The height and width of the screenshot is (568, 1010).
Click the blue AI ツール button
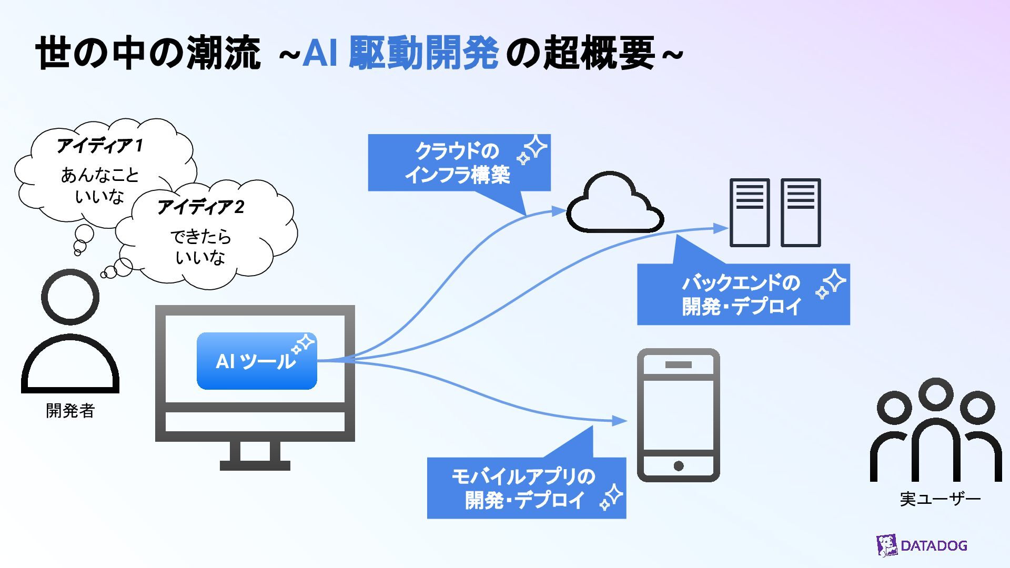[257, 361]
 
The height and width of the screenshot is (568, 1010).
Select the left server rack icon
[750, 212]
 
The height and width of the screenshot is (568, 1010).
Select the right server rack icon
[801, 212]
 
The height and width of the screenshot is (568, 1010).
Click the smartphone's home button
[679, 465]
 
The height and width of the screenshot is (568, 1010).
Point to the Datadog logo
[922, 545]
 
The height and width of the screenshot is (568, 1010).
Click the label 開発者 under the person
[70, 411]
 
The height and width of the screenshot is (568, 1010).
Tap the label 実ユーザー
[940, 499]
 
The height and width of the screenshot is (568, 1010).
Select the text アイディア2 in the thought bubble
[201, 207]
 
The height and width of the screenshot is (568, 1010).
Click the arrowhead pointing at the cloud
[559, 211]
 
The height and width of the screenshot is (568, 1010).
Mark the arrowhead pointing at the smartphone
[620, 421]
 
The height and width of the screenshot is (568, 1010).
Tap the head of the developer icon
[70, 297]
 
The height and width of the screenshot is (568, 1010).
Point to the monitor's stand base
[255, 465]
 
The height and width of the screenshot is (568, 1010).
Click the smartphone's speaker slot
[679, 364]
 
